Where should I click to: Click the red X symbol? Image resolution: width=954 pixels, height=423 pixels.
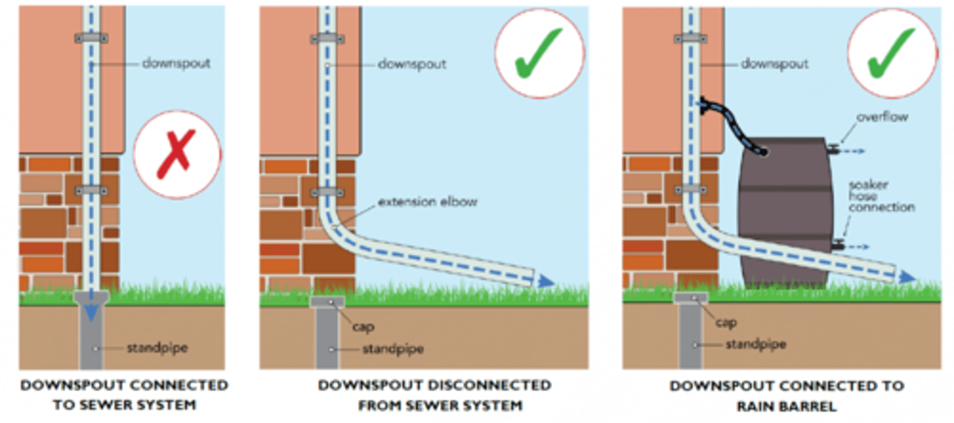(176, 154)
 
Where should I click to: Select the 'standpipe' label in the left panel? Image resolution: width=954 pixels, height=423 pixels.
(157, 348)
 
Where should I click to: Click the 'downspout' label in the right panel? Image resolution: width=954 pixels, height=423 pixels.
(774, 64)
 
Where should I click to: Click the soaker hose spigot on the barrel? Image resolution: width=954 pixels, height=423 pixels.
(838, 245)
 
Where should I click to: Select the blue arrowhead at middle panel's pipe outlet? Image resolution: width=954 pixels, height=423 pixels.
(545, 281)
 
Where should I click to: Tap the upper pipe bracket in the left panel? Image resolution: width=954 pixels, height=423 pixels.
(91, 39)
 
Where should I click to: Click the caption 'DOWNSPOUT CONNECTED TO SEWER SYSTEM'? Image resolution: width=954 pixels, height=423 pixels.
(124, 395)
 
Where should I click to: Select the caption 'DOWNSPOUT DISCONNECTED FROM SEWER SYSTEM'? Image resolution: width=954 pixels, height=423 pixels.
(434, 395)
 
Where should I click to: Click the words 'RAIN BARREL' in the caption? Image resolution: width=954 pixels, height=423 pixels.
(786, 404)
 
